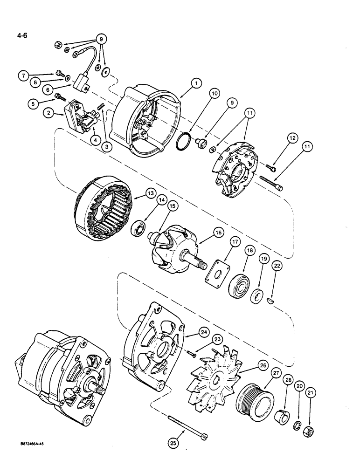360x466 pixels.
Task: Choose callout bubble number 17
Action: (x=234, y=242)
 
